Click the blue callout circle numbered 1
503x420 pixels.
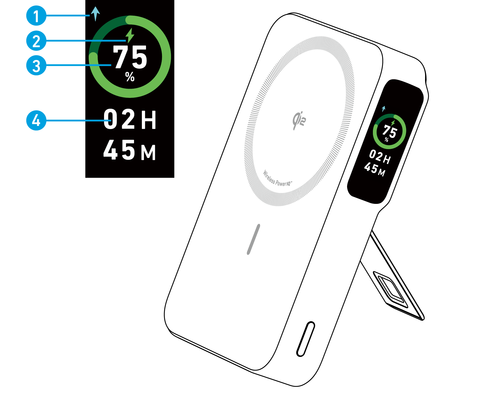coord(36,16)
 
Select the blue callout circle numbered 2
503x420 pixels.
coord(36,41)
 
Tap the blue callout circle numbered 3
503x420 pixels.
coord(36,65)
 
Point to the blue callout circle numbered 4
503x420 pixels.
coord(36,120)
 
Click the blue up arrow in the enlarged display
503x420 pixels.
coord(95,13)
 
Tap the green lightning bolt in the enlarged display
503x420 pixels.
coord(130,35)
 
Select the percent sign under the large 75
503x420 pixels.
coord(130,77)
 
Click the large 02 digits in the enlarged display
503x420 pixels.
coord(119,119)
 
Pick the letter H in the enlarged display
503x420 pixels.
coord(149,120)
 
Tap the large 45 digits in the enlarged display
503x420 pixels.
coord(119,150)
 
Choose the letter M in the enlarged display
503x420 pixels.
coord(148,153)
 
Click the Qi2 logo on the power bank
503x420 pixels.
coord(299,120)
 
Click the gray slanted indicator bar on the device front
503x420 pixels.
coord(253,239)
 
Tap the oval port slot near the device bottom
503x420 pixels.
coord(306,339)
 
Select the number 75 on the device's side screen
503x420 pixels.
coord(390,131)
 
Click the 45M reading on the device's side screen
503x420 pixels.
coord(375,169)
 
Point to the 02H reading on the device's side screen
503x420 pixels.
coord(380,157)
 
